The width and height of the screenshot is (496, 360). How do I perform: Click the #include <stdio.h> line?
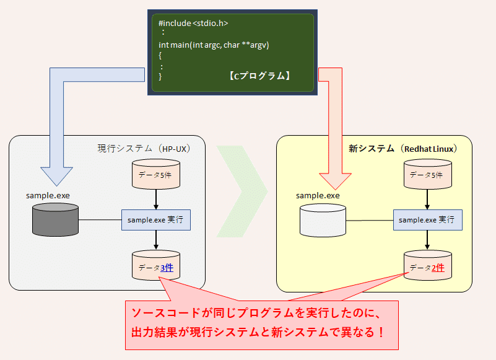193,23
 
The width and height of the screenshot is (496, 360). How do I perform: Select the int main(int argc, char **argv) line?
214,45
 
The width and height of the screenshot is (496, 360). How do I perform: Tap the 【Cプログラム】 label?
259,76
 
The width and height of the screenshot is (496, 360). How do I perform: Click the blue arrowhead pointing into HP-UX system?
56,176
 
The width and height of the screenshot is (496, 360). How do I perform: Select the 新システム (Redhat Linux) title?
402,149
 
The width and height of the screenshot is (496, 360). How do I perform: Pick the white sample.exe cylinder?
323,220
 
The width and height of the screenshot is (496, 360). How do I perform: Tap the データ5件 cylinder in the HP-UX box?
155,175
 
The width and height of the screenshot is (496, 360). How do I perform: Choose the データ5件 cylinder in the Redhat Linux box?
427,175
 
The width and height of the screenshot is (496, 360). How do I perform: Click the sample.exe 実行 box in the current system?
155,219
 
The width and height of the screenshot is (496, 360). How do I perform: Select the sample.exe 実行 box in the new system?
427,219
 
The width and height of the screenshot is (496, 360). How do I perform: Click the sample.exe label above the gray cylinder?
48,195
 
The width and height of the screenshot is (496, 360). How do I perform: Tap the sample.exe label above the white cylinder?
318,195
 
